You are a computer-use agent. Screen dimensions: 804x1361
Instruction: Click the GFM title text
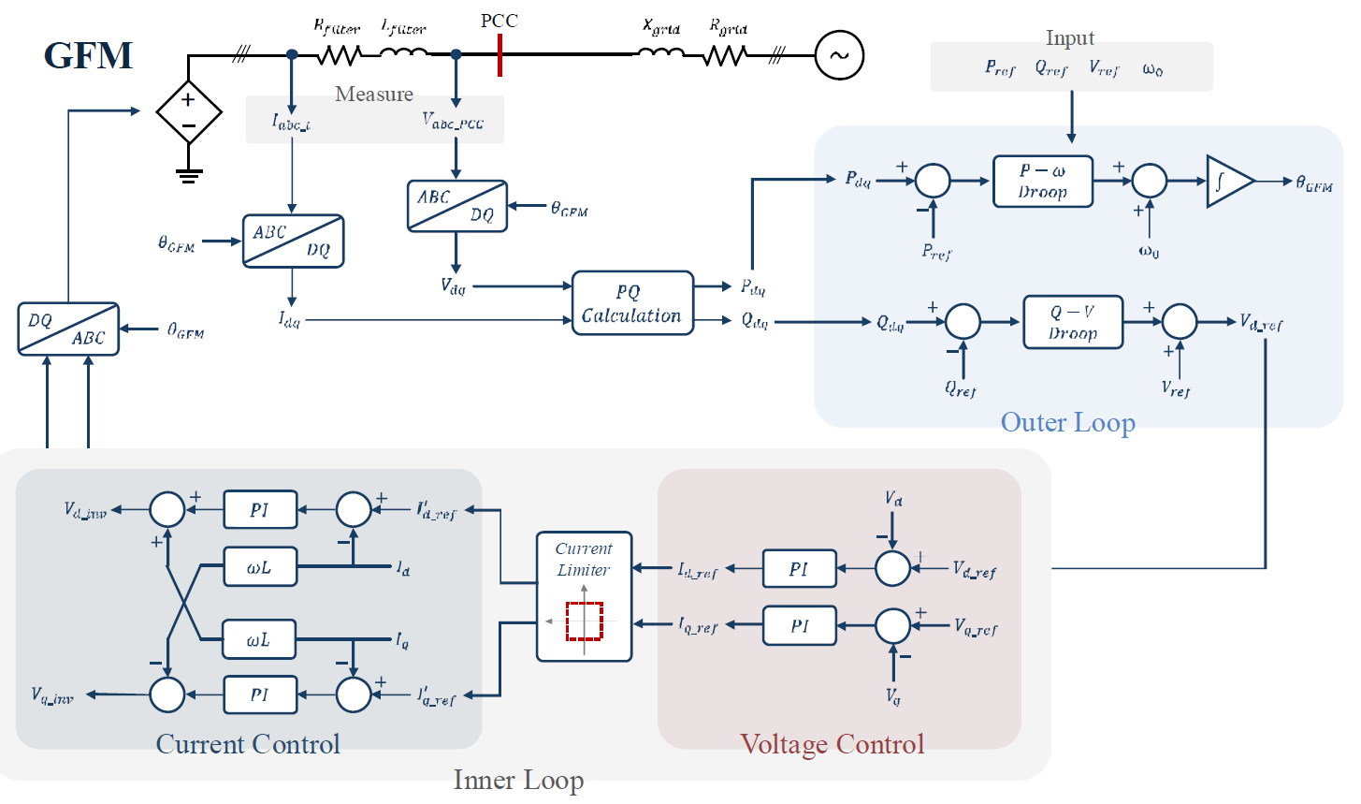pyautogui.click(x=89, y=56)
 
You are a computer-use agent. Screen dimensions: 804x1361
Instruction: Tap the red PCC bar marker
pyautogui.click(x=500, y=55)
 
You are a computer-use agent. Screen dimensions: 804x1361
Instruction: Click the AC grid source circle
pyautogui.click(x=839, y=55)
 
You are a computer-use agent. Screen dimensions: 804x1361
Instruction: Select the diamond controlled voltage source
pyautogui.click(x=189, y=112)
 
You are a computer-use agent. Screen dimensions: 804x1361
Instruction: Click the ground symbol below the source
pyautogui.click(x=189, y=174)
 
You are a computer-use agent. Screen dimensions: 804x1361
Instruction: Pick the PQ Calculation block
pyautogui.click(x=632, y=303)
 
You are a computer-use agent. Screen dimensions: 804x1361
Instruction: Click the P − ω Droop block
pyautogui.click(x=1042, y=182)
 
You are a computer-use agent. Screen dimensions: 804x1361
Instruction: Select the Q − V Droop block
pyautogui.click(x=1072, y=323)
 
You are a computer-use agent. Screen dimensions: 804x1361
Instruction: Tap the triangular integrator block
pyautogui.click(x=1227, y=182)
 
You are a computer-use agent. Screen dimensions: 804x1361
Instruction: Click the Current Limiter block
pyautogui.click(x=584, y=596)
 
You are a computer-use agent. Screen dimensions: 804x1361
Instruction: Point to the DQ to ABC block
pyautogui.click(x=68, y=329)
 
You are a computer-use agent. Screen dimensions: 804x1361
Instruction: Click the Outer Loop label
pyautogui.click(x=1067, y=423)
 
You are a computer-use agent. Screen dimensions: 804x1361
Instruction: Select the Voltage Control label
pyautogui.click(x=832, y=744)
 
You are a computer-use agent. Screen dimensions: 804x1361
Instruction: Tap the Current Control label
pyautogui.click(x=248, y=744)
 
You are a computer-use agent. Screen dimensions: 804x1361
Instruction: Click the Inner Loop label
pyautogui.click(x=518, y=781)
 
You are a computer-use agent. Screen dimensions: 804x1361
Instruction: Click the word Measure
pyautogui.click(x=374, y=95)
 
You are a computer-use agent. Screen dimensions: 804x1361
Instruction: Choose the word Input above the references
pyautogui.click(x=1069, y=38)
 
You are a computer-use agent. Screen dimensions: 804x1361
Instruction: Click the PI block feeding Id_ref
pyautogui.click(x=799, y=569)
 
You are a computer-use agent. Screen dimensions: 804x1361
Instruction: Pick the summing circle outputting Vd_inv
pyautogui.click(x=168, y=509)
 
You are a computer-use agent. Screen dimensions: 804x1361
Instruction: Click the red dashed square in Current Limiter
pyautogui.click(x=585, y=621)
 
